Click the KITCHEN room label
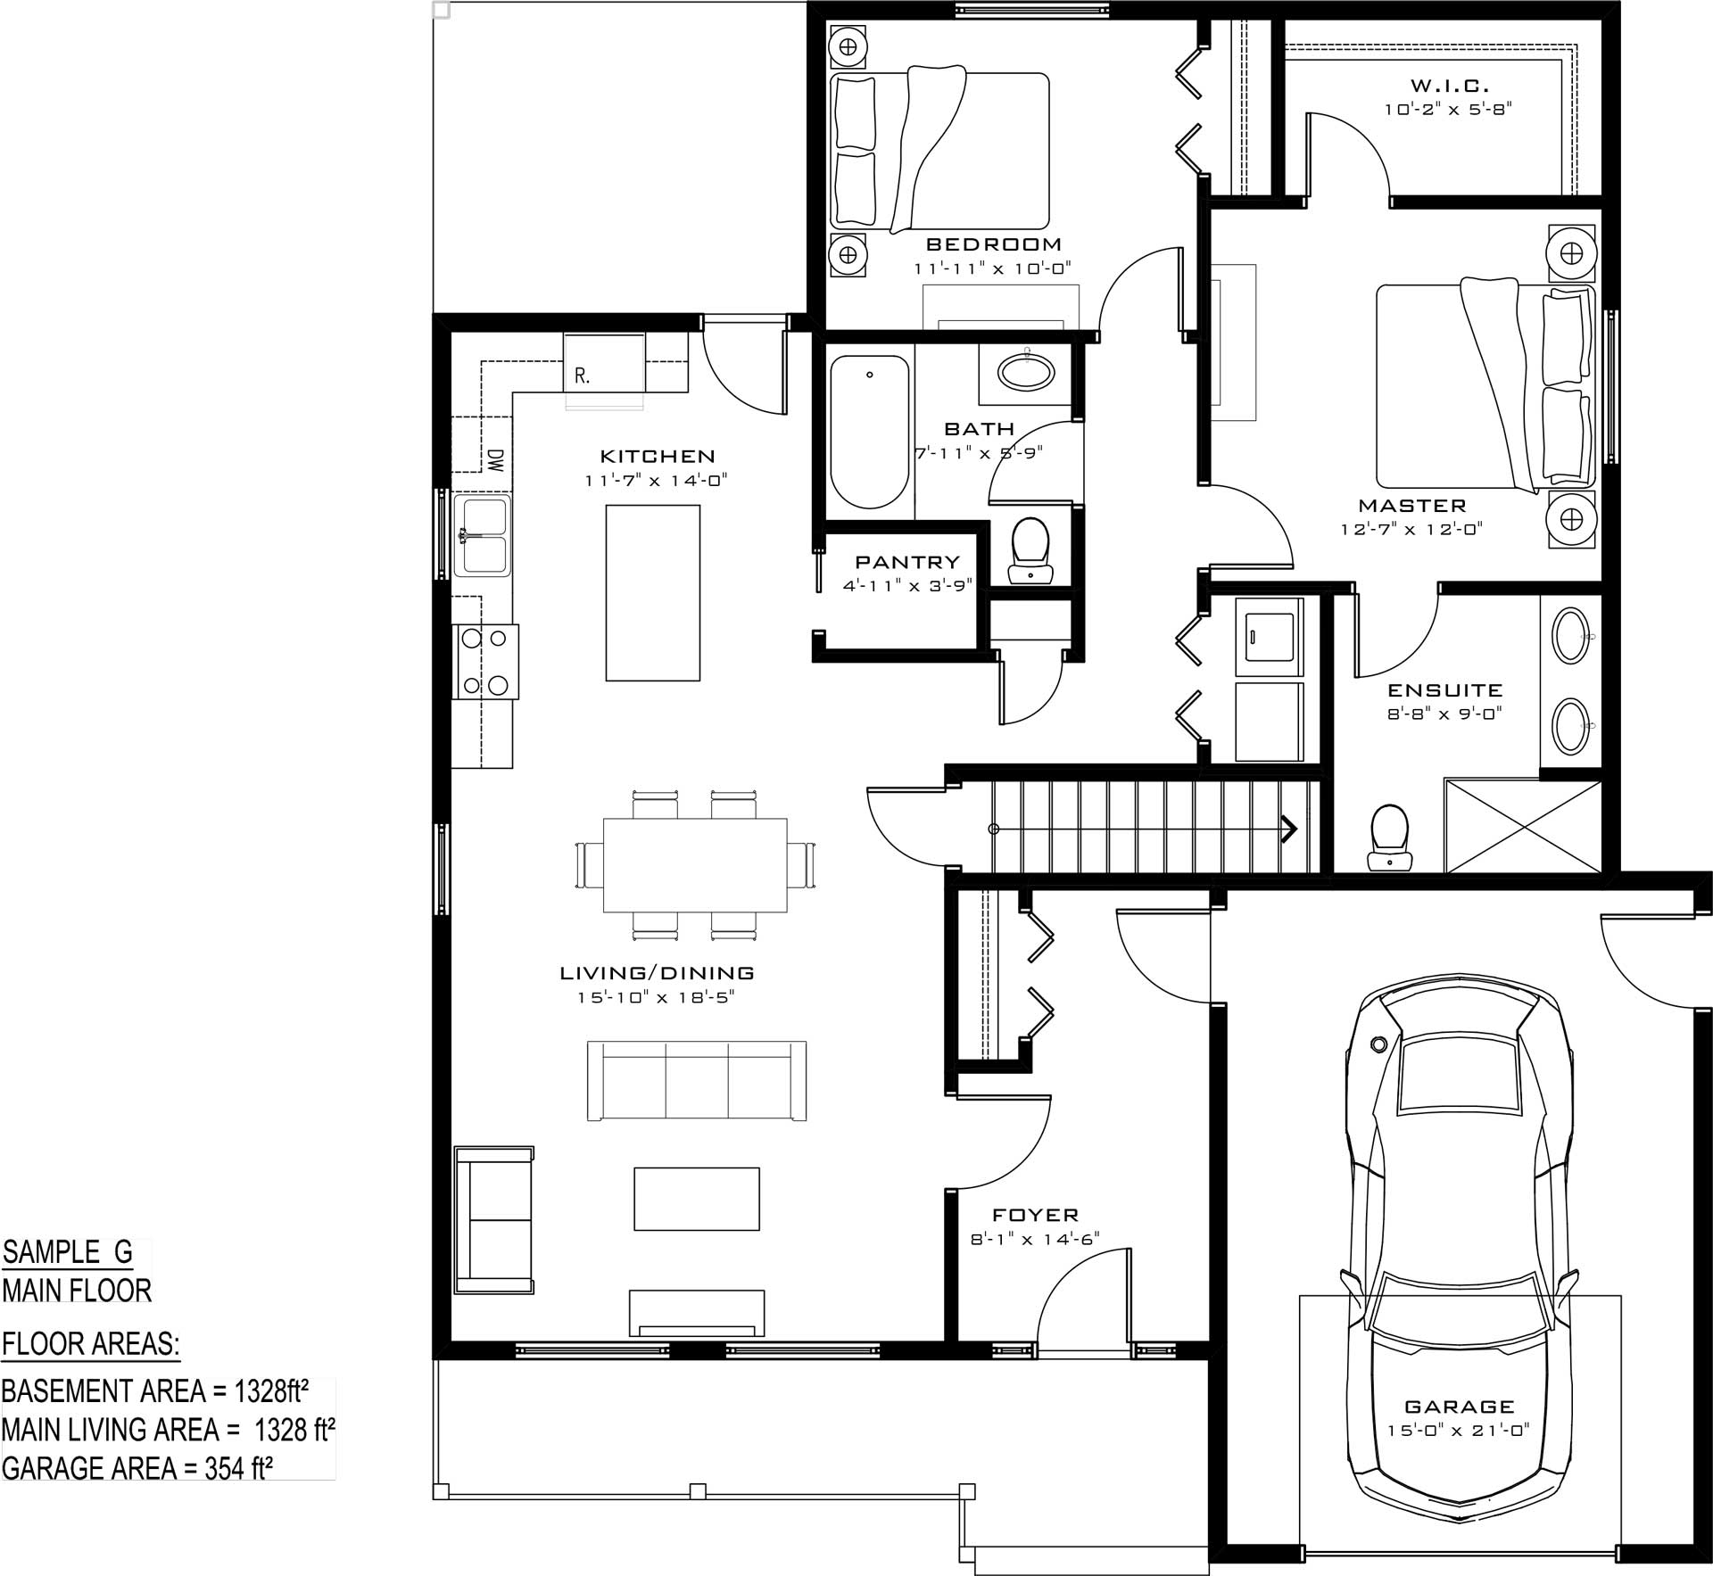tap(658, 457)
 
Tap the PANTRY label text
tap(907, 562)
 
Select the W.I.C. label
tap(1450, 87)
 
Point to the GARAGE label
tap(1460, 1407)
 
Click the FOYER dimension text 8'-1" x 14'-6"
tap(1035, 1239)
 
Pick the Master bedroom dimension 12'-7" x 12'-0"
tap(1411, 529)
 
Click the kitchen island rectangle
tap(653, 593)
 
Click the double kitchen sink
tap(482, 536)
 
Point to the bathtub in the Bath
tap(870, 433)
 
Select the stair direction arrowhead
tap(1289, 829)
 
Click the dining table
tap(696, 865)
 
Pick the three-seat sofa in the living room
tap(697, 1080)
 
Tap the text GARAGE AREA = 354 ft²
tap(137, 1467)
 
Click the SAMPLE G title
tap(68, 1252)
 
